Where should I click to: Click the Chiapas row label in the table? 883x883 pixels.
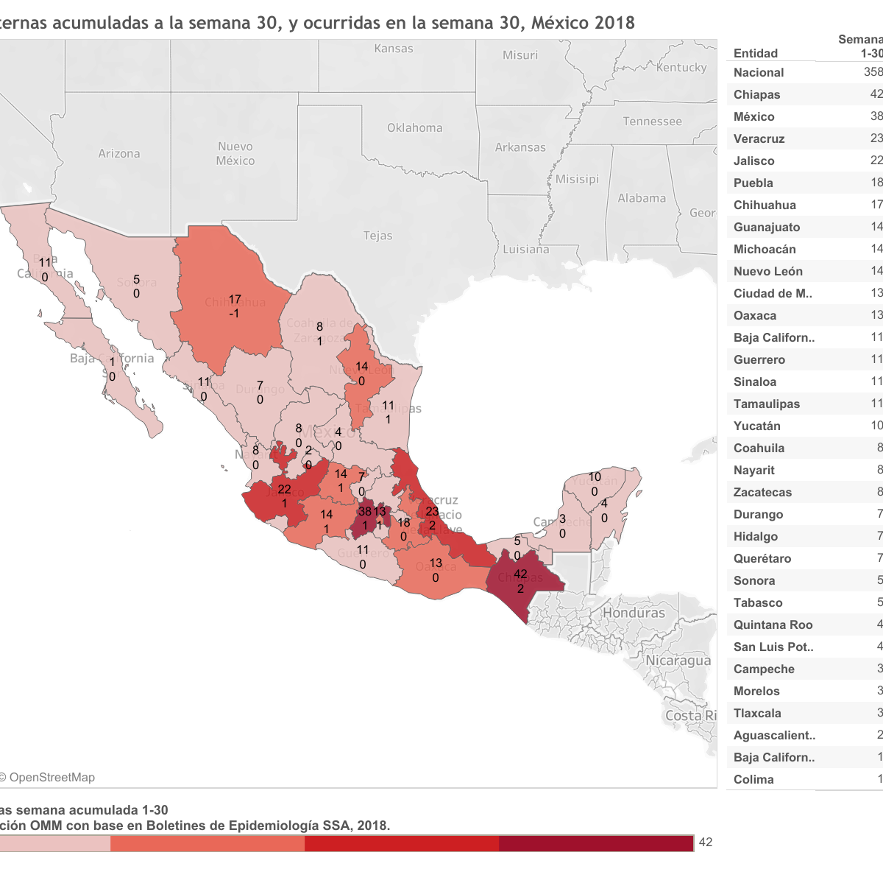[756, 94]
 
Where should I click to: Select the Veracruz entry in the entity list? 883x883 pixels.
[759, 138]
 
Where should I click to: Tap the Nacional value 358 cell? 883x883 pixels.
[873, 72]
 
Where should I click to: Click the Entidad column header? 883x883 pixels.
[755, 53]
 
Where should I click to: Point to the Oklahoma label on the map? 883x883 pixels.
[415, 127]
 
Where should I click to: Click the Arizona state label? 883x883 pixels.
[119, 154]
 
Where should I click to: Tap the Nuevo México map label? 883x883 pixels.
[235, 153]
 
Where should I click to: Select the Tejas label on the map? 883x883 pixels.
[377, 236]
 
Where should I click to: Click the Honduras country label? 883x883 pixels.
[634, 613]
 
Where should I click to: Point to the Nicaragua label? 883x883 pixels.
[678, 661]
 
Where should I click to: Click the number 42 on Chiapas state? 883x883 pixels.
[520, 574]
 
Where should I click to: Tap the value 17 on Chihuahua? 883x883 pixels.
[235, 300]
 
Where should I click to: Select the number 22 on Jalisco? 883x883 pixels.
[284, 489]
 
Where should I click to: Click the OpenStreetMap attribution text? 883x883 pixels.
[52, 777]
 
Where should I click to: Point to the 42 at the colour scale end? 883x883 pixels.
[706, 842]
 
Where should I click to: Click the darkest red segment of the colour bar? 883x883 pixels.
[596, 843]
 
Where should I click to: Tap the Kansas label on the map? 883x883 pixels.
[394, 49]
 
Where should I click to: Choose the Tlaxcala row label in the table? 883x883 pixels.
[757, 713]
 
